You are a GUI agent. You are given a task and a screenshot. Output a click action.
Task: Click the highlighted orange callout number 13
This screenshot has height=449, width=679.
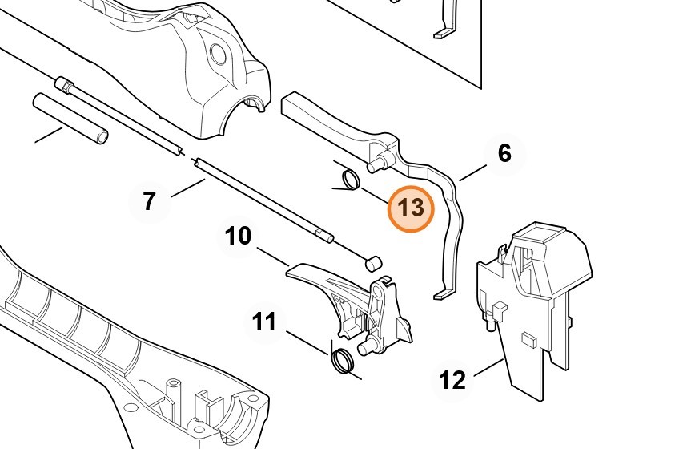[411, 208]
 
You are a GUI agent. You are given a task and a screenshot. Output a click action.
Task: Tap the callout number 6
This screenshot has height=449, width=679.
[504, 154]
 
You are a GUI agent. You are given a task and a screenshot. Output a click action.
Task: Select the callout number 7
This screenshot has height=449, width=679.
[149, 201]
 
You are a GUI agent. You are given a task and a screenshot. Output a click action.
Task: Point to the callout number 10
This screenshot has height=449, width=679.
[238, 236]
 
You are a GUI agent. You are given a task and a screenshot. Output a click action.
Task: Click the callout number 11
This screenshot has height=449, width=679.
[264, 322]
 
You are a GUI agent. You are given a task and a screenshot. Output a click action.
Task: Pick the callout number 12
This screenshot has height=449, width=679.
[452, 380]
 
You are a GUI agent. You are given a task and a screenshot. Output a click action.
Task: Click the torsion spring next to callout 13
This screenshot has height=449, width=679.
[350, 179]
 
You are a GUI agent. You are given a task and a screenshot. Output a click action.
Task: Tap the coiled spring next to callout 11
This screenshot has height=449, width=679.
[342, 360]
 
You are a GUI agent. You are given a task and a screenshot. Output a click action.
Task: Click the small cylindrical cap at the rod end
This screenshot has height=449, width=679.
[374, 263]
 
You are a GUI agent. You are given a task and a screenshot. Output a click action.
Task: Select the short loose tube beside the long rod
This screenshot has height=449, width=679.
[70, 118]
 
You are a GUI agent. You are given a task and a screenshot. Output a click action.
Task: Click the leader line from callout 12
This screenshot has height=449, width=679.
[488, 368]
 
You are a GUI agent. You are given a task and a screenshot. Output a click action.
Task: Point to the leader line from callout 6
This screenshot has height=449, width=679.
[473, 172]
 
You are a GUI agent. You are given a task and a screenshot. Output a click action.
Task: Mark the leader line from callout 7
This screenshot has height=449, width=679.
[188, 188]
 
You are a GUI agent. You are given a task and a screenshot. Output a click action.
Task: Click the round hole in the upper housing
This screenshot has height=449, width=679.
[219, 53]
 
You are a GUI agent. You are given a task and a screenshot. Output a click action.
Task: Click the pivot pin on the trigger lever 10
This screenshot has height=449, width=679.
[367, 347]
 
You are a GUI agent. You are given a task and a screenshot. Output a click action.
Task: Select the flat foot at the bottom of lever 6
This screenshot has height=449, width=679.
[443, 294]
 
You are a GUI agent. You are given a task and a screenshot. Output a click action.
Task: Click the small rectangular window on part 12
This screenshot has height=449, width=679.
[528, 340]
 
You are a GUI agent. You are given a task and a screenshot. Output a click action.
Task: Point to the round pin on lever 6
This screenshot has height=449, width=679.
[377, 163]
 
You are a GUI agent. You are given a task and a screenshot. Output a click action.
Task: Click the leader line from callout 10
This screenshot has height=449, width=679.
[273, 257]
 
